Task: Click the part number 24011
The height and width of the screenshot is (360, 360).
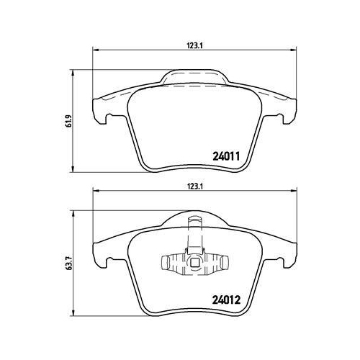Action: tap(226, 156)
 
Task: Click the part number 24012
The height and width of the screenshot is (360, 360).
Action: tap(226, 300)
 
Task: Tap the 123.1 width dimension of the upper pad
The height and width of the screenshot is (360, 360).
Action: tap(195, 46)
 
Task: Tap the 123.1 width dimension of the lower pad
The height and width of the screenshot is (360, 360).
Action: tap(195, 186)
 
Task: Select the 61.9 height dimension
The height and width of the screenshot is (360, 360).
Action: tap(69, 121)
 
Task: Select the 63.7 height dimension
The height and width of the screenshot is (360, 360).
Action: tap(69, 264)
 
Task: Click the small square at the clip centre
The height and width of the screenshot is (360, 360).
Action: tap(194, 264)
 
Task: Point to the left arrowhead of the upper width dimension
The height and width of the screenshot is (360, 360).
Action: tap(96, 50)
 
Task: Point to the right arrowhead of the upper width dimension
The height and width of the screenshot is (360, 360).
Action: tap(294, 50)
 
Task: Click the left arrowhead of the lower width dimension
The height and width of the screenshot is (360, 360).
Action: tap(96, 191)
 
